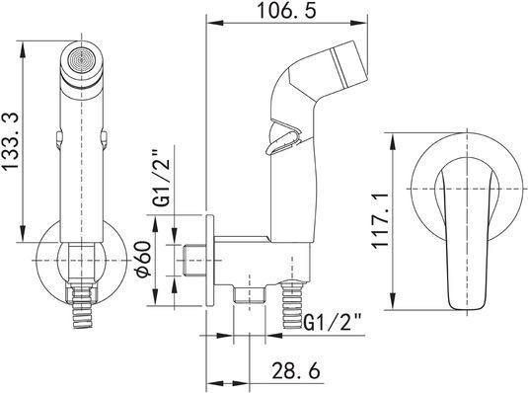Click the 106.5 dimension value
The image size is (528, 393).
point(286,11)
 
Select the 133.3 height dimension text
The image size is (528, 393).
point(11,141)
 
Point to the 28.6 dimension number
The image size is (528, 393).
point(295,371)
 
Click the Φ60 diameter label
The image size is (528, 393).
point(144,259)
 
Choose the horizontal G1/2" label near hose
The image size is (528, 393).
point(333,323)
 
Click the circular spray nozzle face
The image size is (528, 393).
point(82,60)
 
